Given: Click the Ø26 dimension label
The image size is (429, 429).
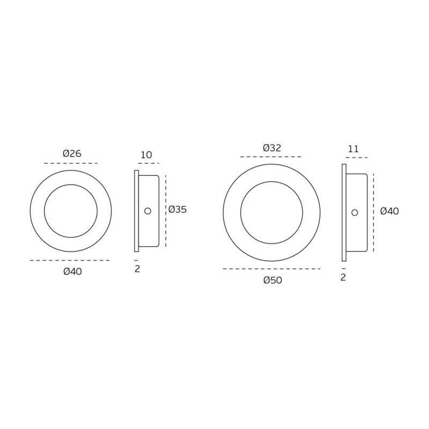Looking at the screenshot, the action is (72, 153).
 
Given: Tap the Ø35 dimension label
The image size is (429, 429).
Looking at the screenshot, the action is (177, 210).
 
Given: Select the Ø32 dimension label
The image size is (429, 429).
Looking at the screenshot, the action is (272, 148).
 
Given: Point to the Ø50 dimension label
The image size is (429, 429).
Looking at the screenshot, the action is (273, 280).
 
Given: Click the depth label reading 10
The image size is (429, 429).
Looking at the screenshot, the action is (146, 155).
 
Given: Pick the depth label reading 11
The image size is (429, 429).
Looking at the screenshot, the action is (353, 149).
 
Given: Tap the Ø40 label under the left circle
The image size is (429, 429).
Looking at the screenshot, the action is (73, 271).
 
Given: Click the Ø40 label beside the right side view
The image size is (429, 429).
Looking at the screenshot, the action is (390, 211).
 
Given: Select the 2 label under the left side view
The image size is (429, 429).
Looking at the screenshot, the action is (137, 269).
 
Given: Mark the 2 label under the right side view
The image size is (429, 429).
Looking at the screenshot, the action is (343, 277).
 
